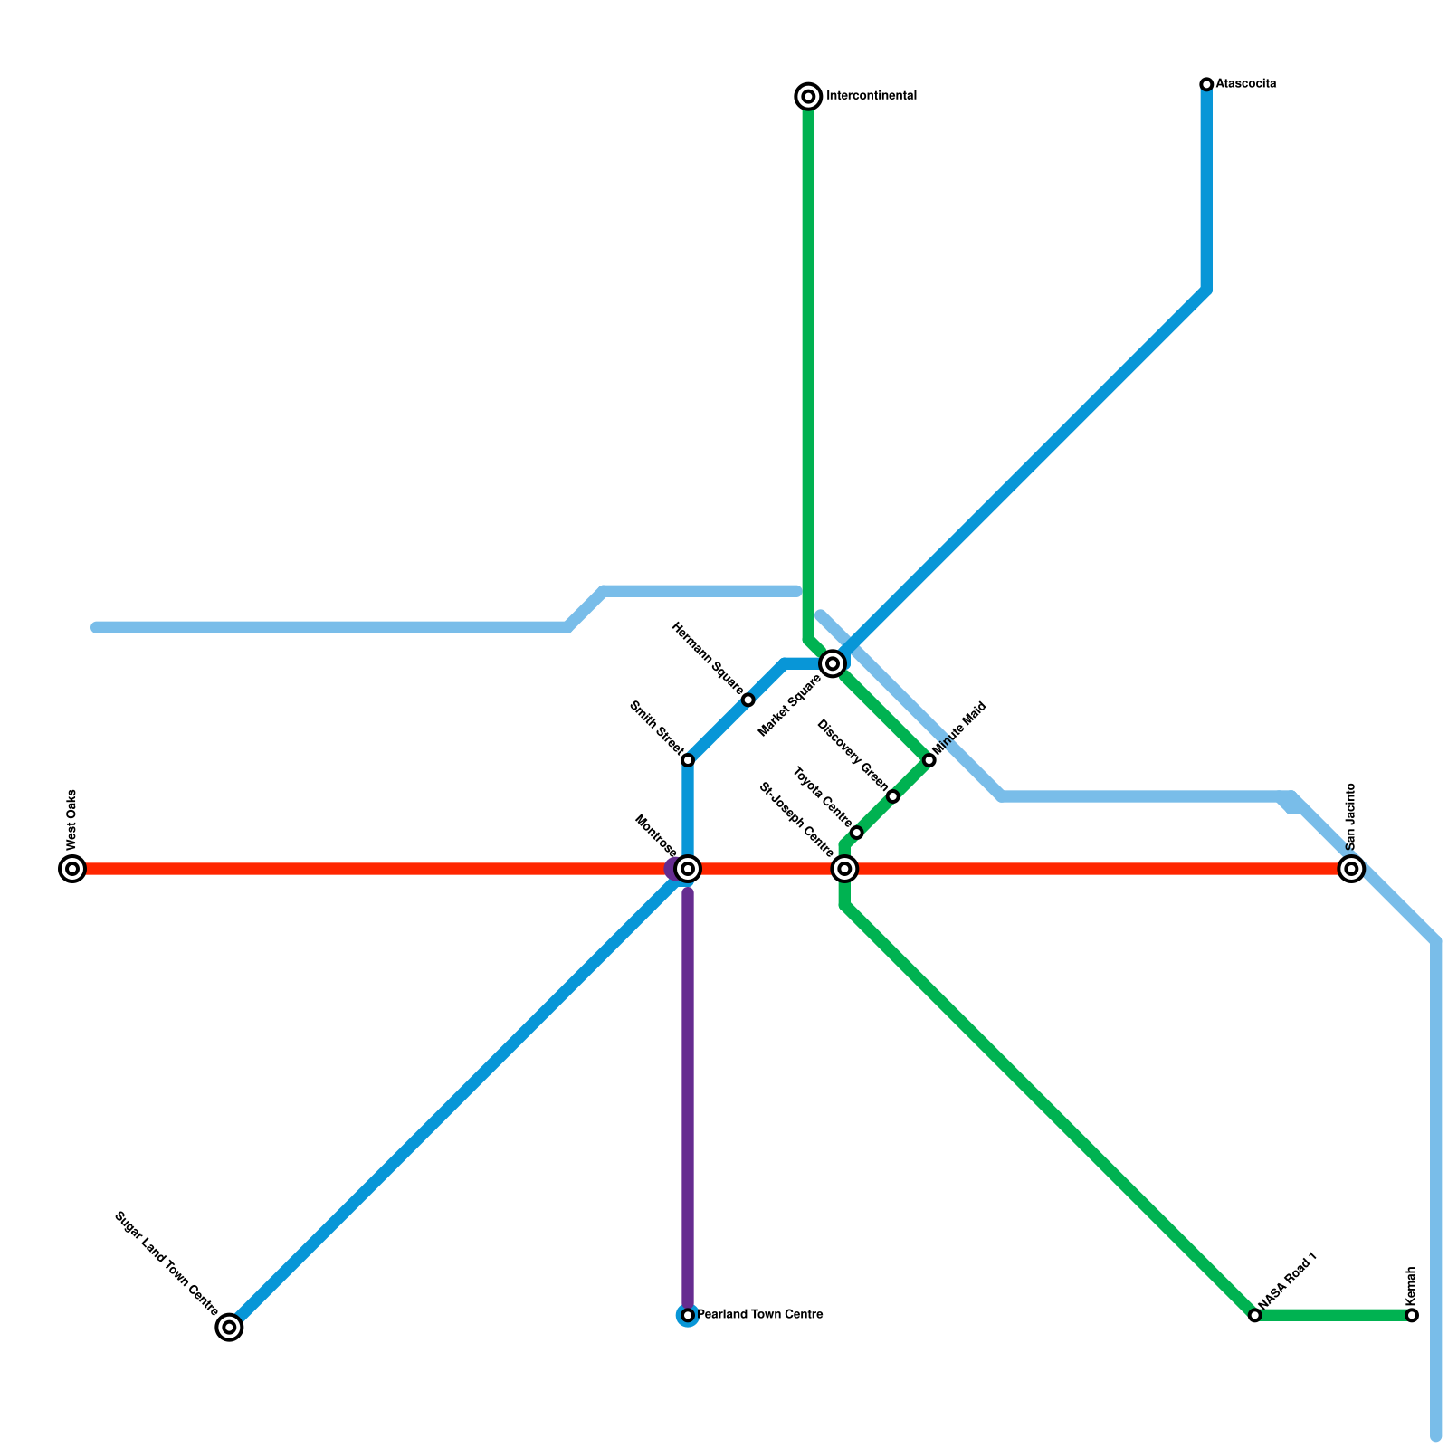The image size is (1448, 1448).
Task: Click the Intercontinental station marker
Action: [x=808, y=96]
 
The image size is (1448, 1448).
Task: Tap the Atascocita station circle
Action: [x=1206, y=84]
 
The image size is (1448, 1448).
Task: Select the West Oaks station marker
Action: [x=72, y=869]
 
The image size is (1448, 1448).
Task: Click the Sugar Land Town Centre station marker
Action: [x=230, y=1328]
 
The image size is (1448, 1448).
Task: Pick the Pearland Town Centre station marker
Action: [x=688, y=1315]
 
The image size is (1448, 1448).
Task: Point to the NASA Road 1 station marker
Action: [x=1254, y=1315]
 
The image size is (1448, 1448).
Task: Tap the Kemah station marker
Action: [x=1412, y=1315]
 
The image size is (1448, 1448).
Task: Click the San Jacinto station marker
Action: [x=1351, y=869]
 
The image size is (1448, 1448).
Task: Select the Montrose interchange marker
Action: [x=688, y=869]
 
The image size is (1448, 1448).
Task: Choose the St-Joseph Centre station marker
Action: [x=844, y=869]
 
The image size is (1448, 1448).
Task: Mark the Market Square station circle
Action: [x=833, y=664]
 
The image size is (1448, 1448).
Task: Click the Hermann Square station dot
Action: [x=748, y=700]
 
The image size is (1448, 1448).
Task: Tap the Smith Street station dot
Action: [x=688, y=760]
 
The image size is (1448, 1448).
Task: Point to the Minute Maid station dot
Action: [x=929, y=760]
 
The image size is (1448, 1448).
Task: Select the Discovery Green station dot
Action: [x=893, y=796]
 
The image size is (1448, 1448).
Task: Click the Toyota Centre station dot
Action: [x=857, y=833]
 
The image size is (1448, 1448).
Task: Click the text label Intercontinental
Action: [x=872, y=96]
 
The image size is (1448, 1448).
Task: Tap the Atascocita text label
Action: [x=1246, y=84]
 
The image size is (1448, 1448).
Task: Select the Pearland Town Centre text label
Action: [x=760, y=1315]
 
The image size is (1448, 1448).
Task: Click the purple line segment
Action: [x=688, y=1086]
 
